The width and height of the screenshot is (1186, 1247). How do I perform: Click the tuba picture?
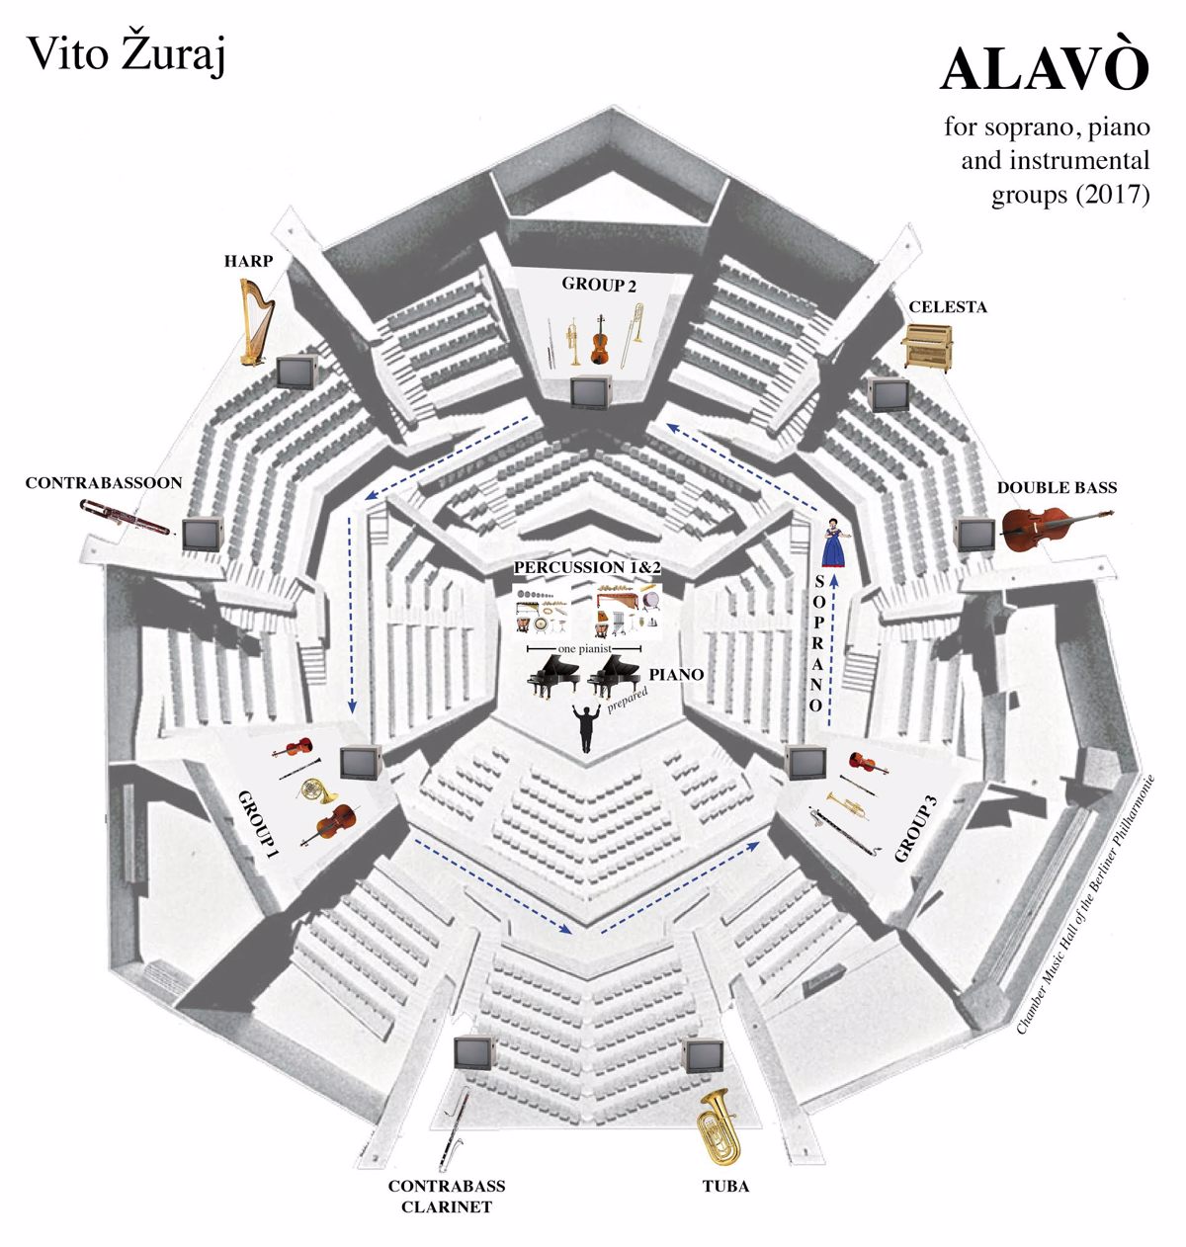pyautogui.click(x=719, y=1127)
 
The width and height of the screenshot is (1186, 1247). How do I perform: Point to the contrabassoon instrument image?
pyautogui.click(x=127, y=516)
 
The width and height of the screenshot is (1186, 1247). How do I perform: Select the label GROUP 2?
pyautogui.click(x=599, y=285)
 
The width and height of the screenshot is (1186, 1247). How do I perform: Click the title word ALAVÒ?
pyautogui.click(x=1045, y=70)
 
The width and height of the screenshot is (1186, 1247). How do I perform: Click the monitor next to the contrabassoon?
pyautogui.click(x=203, y=534)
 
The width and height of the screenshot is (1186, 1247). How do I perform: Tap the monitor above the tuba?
pyautogui.click(x=706, y=1055)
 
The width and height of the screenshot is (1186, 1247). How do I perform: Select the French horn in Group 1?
pyautogui.click(x=318, y=790)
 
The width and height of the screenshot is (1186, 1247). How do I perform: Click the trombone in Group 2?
pyautogui.click(x=633, y=336)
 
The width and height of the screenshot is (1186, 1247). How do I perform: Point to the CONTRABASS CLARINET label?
pyautogui.click(x=447, y=1196)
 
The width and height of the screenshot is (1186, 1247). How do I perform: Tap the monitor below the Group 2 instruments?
pyautogui.click(x=591, y=391)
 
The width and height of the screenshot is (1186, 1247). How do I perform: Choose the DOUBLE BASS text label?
pyautogui.click(x=1057, y=487)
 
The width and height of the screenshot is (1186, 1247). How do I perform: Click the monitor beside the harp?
pyautogui.click(x=296, y=372)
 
